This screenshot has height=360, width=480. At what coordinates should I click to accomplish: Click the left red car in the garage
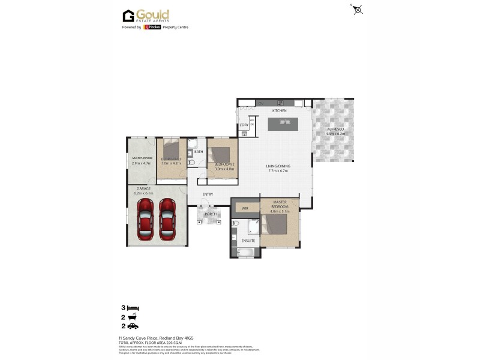click(146, 219)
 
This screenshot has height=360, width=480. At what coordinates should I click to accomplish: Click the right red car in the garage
click(168, 219)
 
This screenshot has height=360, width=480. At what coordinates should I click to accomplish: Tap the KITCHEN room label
click(280, 111)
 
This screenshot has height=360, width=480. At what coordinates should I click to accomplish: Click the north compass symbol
click(358, 10)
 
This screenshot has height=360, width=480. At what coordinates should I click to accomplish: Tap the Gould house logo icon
click(128, 16)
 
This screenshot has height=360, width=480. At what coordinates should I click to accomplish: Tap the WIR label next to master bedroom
click(245, 208)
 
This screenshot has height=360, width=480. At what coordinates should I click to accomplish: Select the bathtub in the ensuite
click(247, 253)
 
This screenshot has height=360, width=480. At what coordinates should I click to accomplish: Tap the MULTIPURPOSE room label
click(142, 158)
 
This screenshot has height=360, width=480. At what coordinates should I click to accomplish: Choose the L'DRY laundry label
click(244, 125)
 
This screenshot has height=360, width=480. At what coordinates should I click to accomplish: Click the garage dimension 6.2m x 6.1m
click(144, 193)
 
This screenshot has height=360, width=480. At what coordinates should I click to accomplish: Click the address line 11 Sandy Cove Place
click(156, 338)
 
